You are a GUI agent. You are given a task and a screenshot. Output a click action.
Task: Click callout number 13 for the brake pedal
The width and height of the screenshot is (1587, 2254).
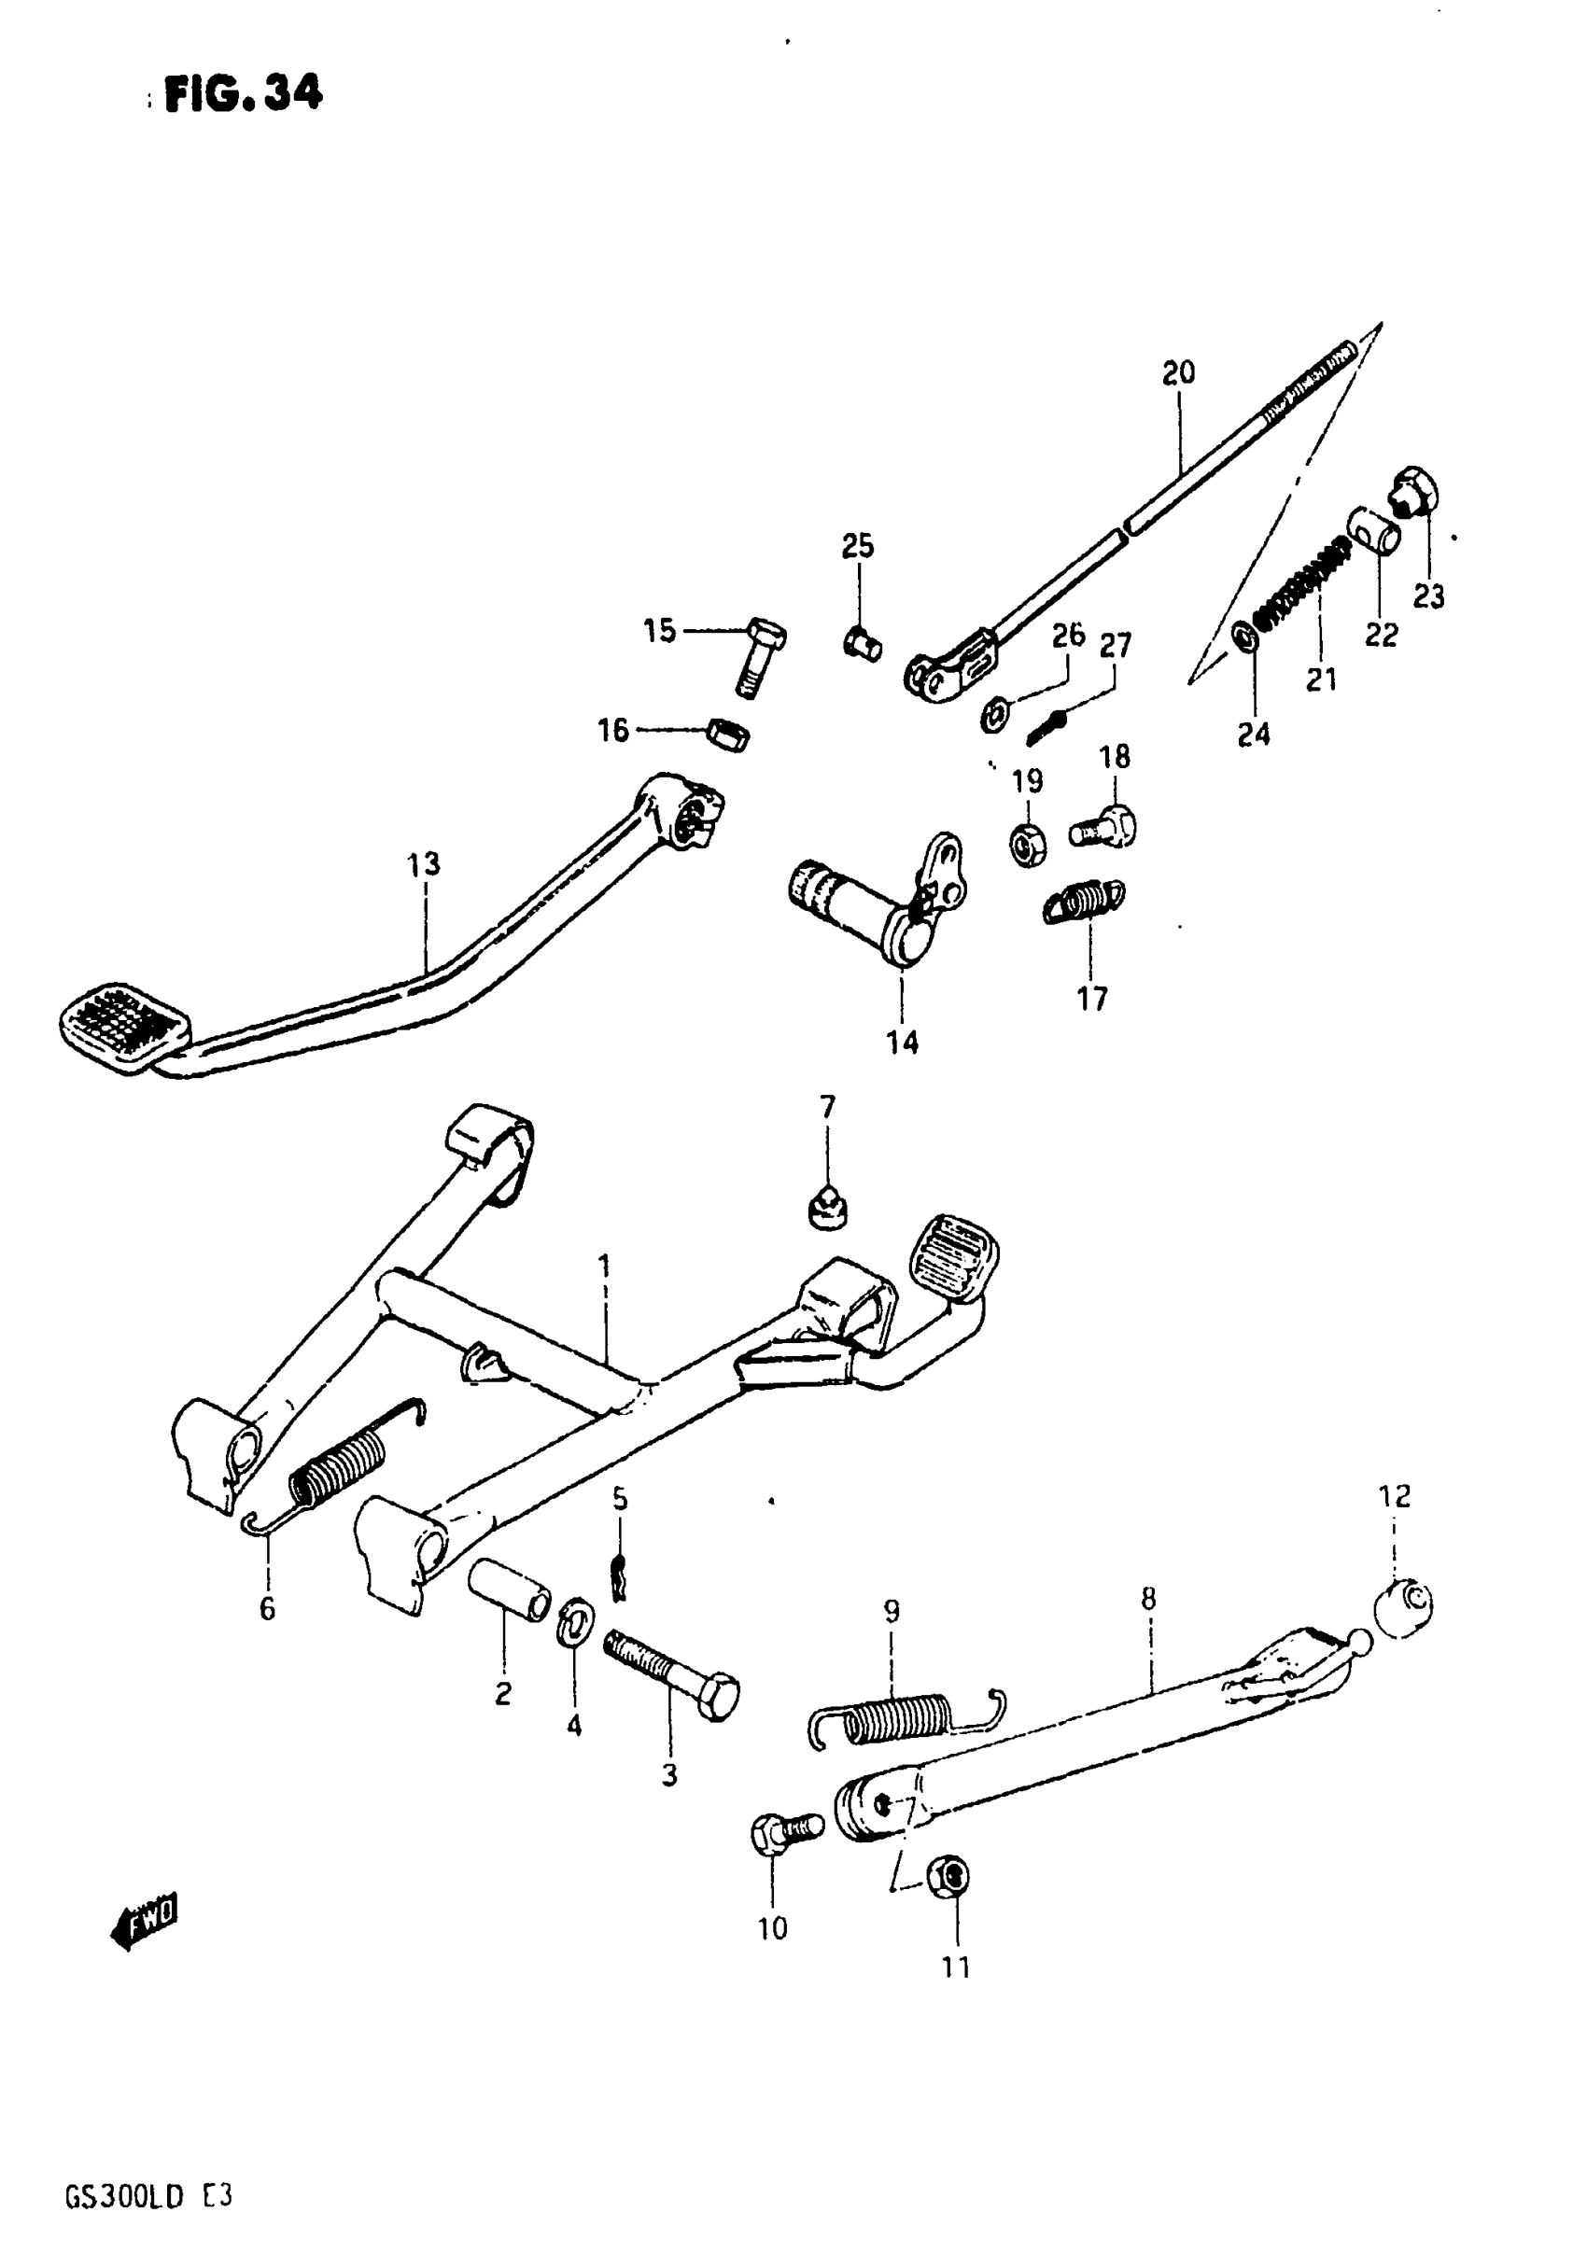coord(424,865)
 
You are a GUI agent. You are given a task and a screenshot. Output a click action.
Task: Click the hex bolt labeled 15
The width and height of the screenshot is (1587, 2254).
coord(756,655)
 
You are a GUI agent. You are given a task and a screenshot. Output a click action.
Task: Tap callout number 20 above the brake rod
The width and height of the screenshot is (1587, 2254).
coord(1178,373)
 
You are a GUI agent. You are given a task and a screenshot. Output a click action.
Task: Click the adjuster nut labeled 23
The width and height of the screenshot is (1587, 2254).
coord(1415,492)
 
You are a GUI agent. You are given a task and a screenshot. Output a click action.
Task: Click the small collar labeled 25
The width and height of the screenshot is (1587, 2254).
coord(863,645)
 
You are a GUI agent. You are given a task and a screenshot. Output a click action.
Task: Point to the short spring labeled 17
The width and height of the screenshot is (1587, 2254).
coord(1084,901)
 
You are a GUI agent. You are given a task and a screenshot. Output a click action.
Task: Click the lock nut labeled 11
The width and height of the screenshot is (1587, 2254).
coord(950,1877)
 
